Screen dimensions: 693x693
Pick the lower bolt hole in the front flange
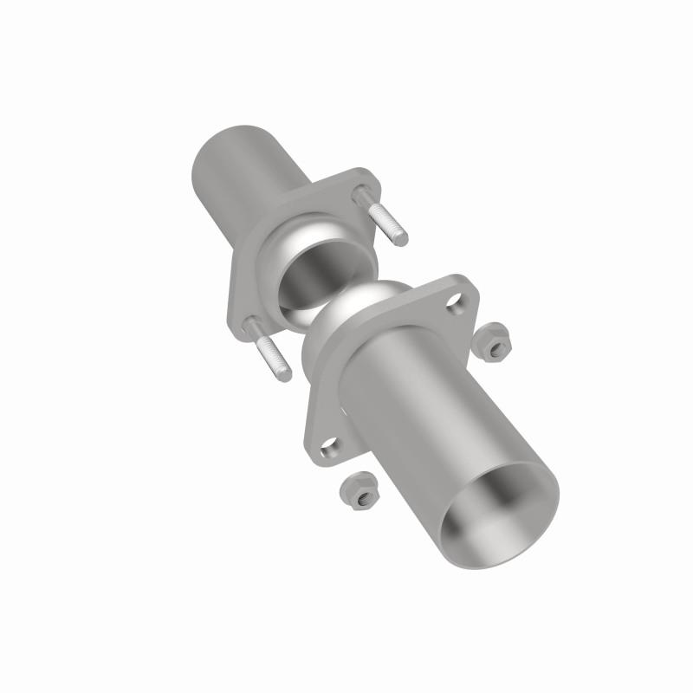[330, 446]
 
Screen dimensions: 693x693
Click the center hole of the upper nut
[495, 344]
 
